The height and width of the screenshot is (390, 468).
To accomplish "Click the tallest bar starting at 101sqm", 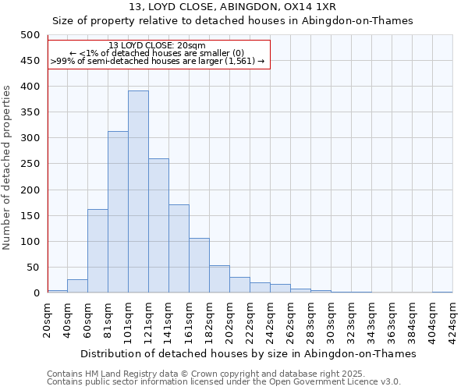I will click(138, 192).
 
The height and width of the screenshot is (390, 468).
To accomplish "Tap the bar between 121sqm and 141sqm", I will click(158, 226).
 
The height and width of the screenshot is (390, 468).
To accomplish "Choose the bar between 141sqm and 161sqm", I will click(179, 249).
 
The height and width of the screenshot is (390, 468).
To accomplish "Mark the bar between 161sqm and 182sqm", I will click(199, 266).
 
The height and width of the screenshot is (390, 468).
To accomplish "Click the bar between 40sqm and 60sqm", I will click(77, 286).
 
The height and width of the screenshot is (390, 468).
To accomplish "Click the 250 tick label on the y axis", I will click(30, 164).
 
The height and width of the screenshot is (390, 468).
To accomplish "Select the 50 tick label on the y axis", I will click(33, 268).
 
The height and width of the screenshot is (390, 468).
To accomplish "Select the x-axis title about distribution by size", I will click(248, 353).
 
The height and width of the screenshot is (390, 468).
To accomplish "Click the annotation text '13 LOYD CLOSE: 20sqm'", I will click(158, 45).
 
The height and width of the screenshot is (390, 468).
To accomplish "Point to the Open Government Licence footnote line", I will click(224, 382).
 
